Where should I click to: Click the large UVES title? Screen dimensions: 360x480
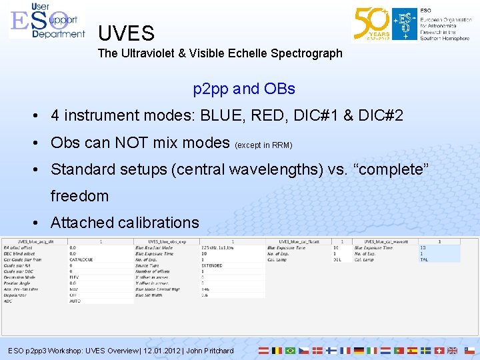point(126,33)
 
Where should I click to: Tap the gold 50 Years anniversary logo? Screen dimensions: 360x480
point(372,24)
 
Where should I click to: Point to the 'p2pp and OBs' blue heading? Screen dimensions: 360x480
point(243,89)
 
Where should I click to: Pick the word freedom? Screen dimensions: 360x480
point(79,196)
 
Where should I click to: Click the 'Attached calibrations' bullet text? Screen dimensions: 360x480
point(125,223)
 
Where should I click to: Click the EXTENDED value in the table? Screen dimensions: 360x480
point(212,265)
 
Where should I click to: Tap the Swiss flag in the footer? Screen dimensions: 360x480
point(439,350)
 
